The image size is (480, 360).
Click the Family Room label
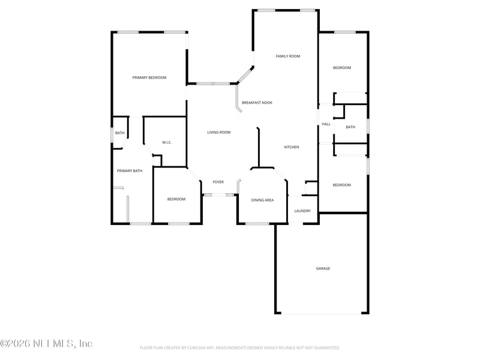287,56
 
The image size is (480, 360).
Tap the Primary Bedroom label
149,77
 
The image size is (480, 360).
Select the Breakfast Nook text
257,103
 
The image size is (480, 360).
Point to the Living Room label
219,132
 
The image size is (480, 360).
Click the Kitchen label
292,147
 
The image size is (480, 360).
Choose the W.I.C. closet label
167,142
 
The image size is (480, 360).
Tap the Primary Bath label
130,171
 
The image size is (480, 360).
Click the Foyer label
218,182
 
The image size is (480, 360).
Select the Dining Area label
262,200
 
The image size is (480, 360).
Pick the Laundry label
302,211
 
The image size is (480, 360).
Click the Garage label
323,268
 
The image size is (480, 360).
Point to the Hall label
326,124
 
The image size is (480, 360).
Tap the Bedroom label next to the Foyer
176,199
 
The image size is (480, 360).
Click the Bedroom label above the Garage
342,185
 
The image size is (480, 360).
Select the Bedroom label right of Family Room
342,68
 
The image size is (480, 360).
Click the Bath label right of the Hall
350,127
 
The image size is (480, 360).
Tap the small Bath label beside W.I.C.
120,133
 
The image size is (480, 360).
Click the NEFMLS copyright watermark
47,344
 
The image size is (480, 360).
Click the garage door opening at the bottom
322,313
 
